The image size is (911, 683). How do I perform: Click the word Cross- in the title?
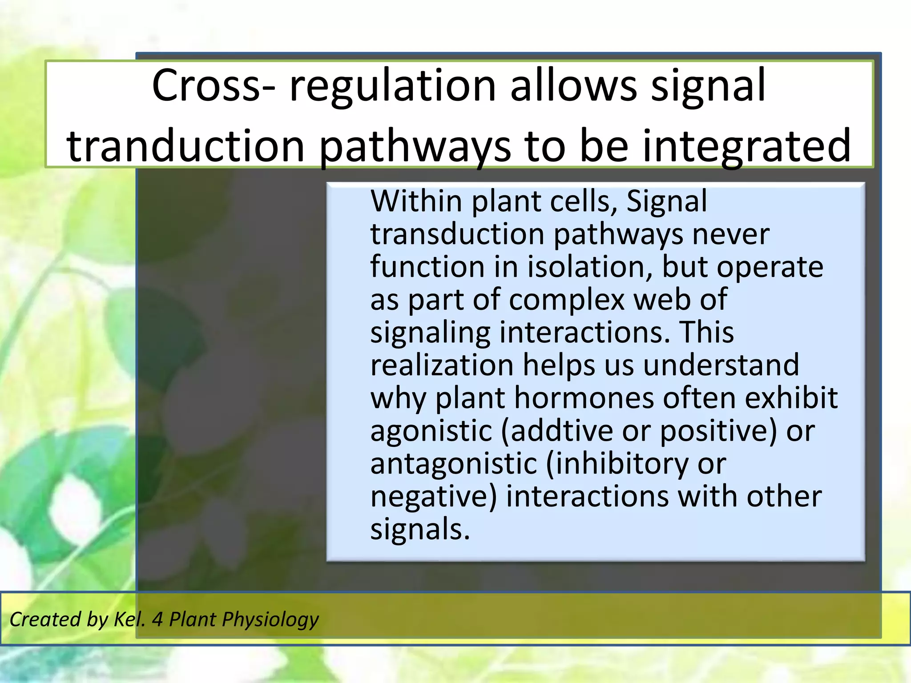click(212, 85)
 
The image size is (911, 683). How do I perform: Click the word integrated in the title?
click(746, 146)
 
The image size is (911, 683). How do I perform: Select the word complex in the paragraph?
click(567, 300)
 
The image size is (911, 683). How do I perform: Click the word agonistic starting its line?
click(431, 431)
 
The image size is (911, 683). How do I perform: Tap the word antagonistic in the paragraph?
click(454, 464)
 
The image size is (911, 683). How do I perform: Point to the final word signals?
click(420, 529)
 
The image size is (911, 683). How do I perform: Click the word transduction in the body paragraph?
click(457, 234)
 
